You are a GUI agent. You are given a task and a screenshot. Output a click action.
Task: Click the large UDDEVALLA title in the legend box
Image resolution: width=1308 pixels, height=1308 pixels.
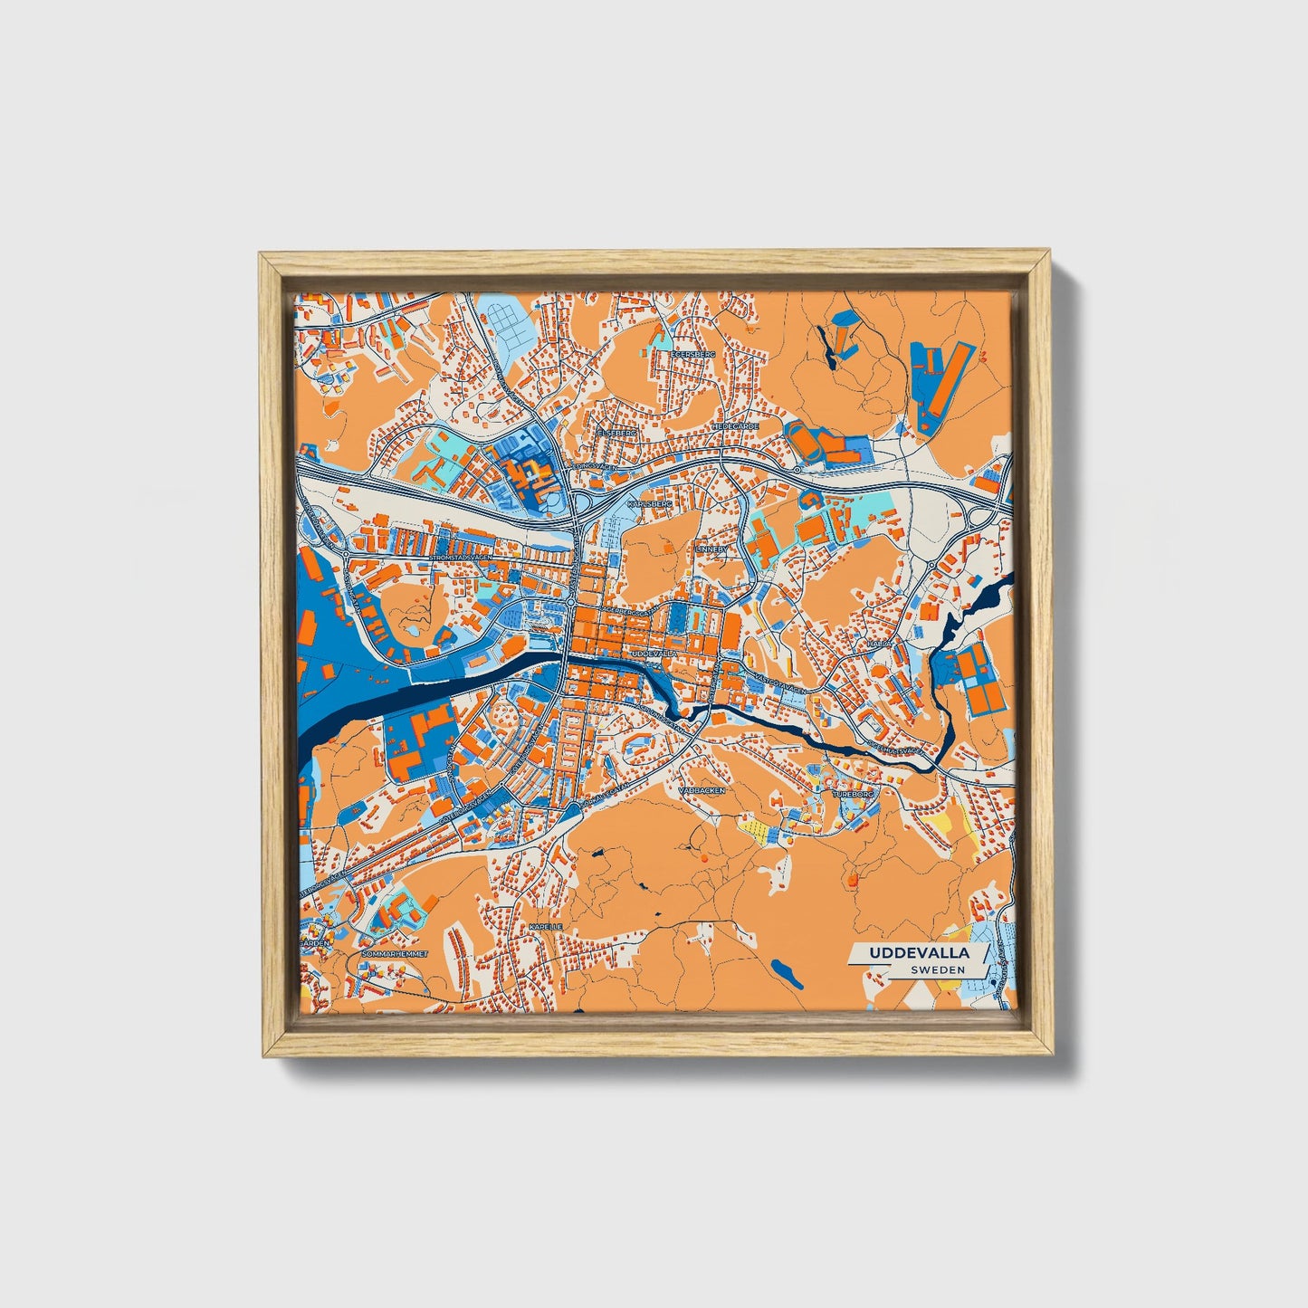(x=919, y=953)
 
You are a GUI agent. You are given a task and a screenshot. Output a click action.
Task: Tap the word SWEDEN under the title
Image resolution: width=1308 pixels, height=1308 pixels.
(x=938, y=969)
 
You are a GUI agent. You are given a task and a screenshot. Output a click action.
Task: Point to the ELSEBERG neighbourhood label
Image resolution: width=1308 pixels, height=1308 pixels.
(x=617, y=433)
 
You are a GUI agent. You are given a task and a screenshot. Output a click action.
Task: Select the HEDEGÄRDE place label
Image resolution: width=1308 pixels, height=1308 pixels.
(x=735, y=425)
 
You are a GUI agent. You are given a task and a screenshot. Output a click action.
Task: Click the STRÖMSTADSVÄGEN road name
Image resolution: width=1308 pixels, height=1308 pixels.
(x=463, y=558)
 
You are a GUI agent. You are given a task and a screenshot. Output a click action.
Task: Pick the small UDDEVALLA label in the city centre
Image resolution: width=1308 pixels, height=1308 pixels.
(x=654, y=652)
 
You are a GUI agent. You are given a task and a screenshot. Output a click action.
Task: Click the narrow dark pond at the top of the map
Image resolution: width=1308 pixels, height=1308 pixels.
(x=826, y=348)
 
